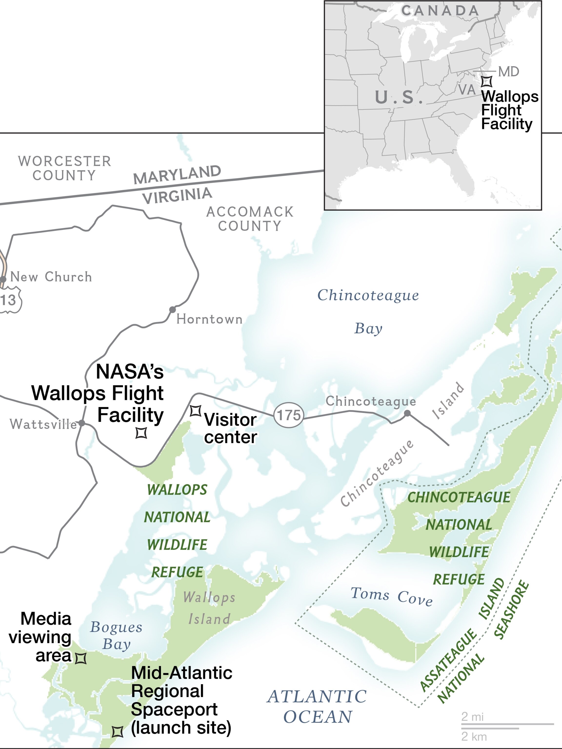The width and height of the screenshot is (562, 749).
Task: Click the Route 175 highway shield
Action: (289, 415)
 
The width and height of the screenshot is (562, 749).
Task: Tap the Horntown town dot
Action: (172, 309)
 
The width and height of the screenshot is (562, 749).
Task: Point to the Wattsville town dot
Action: (82, 423)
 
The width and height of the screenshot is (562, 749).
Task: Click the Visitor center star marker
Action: (195, 411)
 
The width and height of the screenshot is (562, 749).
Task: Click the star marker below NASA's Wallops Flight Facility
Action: (141, 433)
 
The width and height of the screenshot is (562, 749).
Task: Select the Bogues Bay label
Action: (116, 636)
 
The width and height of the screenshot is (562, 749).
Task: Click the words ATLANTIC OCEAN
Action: (317, 707)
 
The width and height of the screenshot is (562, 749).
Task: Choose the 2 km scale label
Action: (474, 737)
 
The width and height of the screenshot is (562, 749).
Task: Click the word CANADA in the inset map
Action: (440, 11)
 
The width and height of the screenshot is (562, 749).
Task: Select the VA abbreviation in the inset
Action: (467, 90)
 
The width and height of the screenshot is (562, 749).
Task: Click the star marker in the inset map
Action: (487, 82)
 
